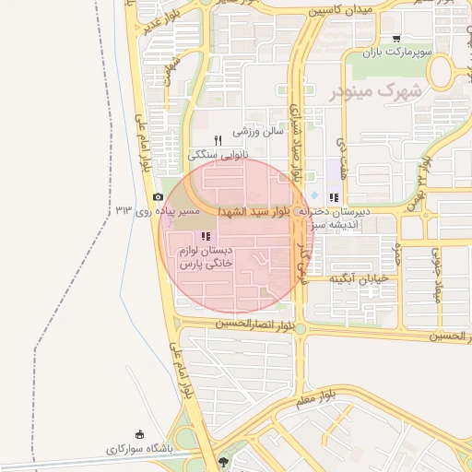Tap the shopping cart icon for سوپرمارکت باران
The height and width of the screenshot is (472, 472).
396,39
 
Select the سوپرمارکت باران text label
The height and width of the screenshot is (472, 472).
396,53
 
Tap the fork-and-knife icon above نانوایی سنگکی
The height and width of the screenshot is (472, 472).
218,140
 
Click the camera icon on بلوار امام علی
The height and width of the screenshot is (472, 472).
158,197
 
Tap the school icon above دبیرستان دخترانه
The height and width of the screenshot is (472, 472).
333,196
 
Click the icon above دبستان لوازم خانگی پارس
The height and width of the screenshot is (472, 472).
204,237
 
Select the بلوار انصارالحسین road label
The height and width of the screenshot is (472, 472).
261,324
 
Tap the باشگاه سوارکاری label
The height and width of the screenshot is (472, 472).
139,450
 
